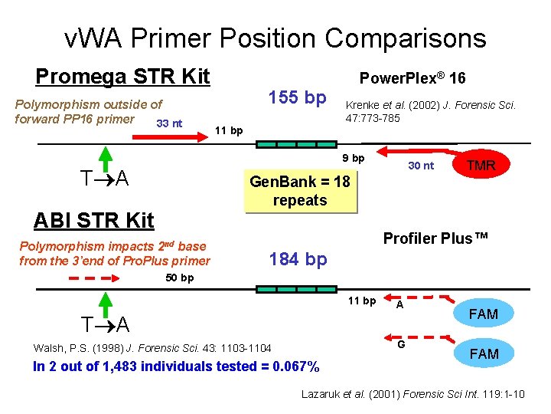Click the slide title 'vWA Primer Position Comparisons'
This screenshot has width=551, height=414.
275,38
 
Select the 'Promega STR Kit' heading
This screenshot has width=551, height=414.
122,77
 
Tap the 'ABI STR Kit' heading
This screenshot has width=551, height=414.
93,220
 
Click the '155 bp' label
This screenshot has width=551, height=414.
297,98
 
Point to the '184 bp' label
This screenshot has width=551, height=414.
298,259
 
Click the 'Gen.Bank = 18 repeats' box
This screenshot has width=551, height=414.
299,191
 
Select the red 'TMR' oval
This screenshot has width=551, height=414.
481,165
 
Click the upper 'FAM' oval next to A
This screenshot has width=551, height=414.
483,314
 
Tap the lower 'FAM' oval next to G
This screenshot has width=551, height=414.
483,353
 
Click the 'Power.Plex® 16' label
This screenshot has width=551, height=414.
412,78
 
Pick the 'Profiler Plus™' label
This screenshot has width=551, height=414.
435,238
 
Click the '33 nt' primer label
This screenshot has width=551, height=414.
168,123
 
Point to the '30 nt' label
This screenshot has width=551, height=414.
420,166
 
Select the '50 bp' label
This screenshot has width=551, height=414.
180,278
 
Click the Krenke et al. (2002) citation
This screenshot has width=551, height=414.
431,112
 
